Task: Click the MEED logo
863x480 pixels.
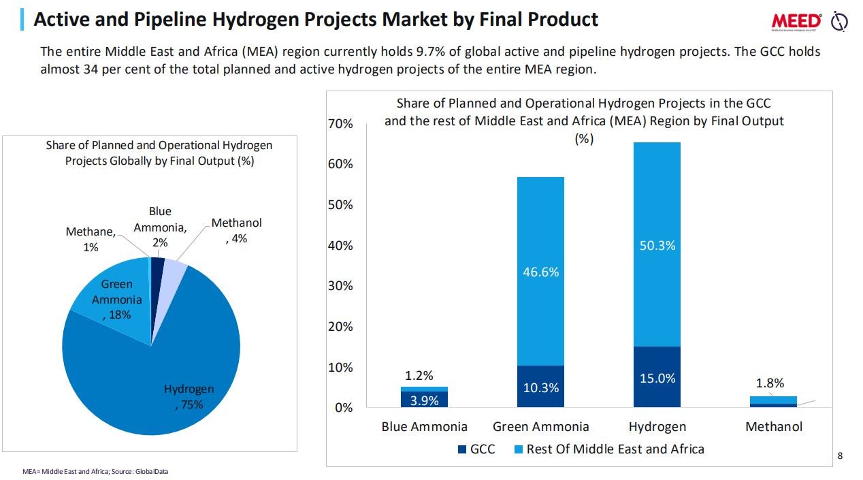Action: pos(797,21)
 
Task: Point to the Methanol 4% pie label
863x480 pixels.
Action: pos(236,231)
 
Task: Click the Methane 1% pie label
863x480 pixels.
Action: pos(91,240)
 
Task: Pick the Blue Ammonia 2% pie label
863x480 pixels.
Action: pos(160,227)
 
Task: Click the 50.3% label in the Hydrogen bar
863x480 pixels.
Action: pos(657,246)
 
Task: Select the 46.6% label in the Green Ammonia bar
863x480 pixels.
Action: pos(540,272)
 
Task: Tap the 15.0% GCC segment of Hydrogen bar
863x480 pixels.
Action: pos(657,379)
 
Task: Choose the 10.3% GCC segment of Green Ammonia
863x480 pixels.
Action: pos(540,388)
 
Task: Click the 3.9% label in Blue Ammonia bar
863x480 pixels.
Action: pos(424,401)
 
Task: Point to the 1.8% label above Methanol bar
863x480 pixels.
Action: pos(770,383)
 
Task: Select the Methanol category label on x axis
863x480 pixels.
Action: pos(774,427)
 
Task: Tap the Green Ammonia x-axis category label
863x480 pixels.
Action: pos(540,427)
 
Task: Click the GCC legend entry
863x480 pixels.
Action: pos(476,449)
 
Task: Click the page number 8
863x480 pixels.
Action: pos(840,455)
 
